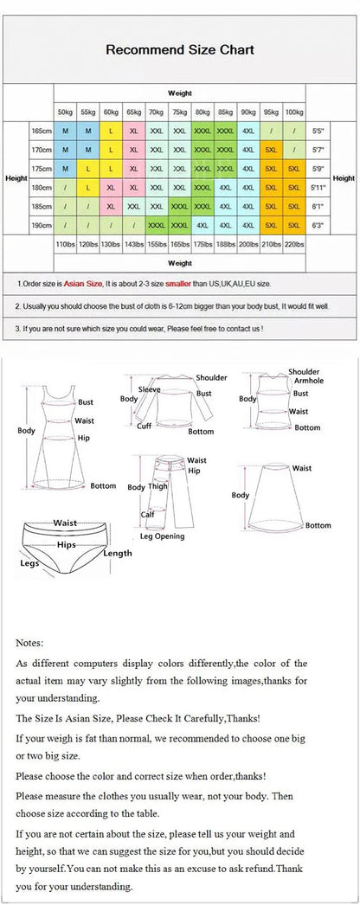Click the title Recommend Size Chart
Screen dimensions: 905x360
[179, 50]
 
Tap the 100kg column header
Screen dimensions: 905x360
[293, 112]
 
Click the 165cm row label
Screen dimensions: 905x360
[41, 130]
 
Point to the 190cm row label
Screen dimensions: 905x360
[41, 225]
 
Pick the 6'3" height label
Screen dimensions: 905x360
[318, 225]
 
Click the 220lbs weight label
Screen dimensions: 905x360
[293, 245]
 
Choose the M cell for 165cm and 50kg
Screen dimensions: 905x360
[66, 130]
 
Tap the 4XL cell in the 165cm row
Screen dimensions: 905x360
[248, 130]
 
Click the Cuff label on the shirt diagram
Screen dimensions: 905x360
[145, 426]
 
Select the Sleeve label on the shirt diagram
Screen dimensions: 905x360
[150, 390]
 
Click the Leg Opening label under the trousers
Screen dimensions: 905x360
[157, 536]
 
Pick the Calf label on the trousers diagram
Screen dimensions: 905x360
[147, 514]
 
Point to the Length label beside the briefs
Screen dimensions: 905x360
[118, 553]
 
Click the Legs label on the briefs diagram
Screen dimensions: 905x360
[29, 562]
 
